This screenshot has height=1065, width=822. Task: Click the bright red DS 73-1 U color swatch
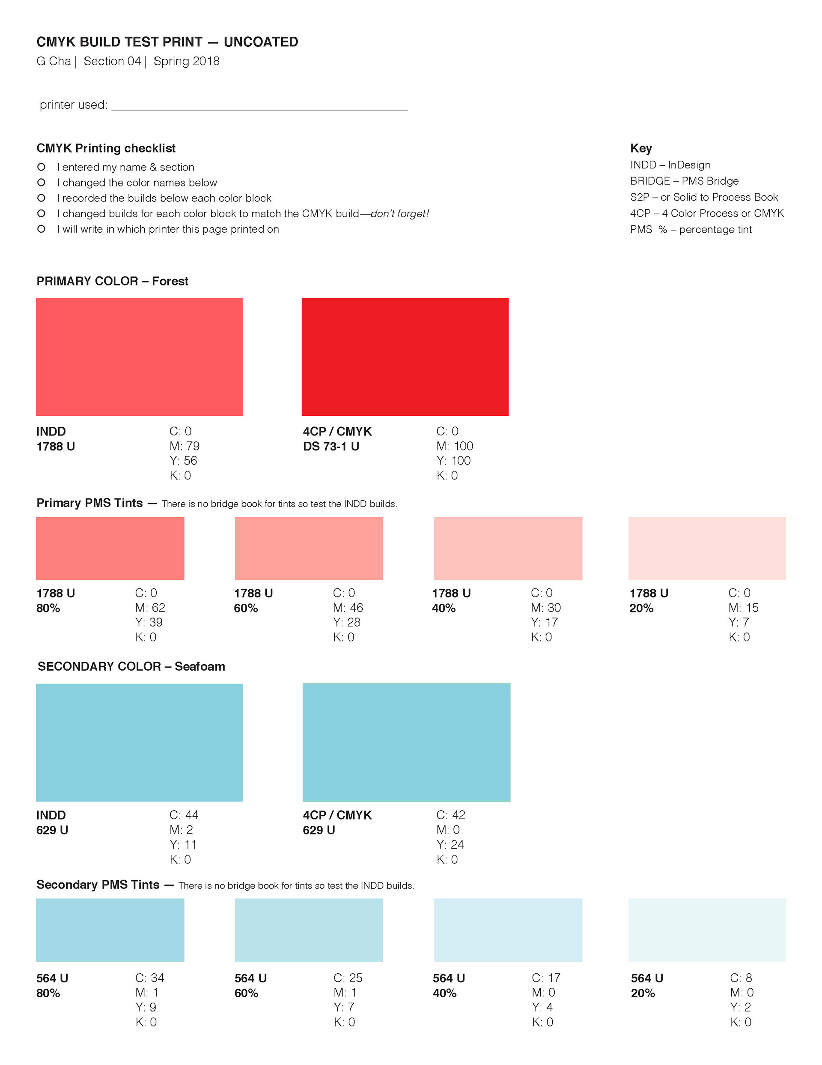pyautogui.click(x=405, y=357)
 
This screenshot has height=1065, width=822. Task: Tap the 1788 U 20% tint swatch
pyautogui.click(x=706, y=548)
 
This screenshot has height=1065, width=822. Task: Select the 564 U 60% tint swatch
pyautogui.click(x=309, y=930)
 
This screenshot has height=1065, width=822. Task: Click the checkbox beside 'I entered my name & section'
pyautogui.click(x=42, y=167)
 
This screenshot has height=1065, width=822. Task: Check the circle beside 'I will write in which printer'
pyautogui.click(x=42, y=229)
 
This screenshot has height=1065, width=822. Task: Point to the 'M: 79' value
pyautogui.click(x=184, y=446)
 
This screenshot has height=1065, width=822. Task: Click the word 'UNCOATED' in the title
pyautogui.click(x=261, y=42)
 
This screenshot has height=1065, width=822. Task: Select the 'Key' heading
pyautogui.click(x=641, y=148)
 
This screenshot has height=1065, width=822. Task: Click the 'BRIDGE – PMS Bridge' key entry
pyautogui.click(x=684, y=181)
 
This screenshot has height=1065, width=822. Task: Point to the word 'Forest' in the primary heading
pyautogui.click(x=170, y=282)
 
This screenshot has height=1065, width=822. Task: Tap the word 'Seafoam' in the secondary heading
pyautogui.click(x=200, y=666)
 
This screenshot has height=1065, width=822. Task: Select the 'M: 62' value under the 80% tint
pyautogui.click(x=150, y=608)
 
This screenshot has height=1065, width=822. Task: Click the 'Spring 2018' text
pyautogui.click(x=186, y=61)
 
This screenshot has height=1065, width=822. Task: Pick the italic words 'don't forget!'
pyautogui.click(x=399, y=213)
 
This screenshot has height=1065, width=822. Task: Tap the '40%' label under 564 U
pyautogui.click(x=444, y=993)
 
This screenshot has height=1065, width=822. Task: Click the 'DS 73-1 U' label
pyautogui.click(x=331, y=446)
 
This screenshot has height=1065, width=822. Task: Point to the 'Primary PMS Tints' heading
pyautogui.click(x=89, y=503)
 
